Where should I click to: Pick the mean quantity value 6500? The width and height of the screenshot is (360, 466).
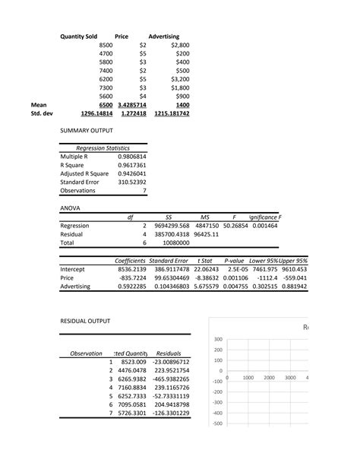(x=102, y=105)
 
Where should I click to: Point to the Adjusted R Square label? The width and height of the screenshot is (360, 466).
(x=88, y=174)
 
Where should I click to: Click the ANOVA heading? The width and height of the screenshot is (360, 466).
(x=71, y=207)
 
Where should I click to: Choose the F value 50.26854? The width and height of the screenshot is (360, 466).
(x=237, y=226)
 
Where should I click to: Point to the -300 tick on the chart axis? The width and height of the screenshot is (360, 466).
(x=217, y=402)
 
